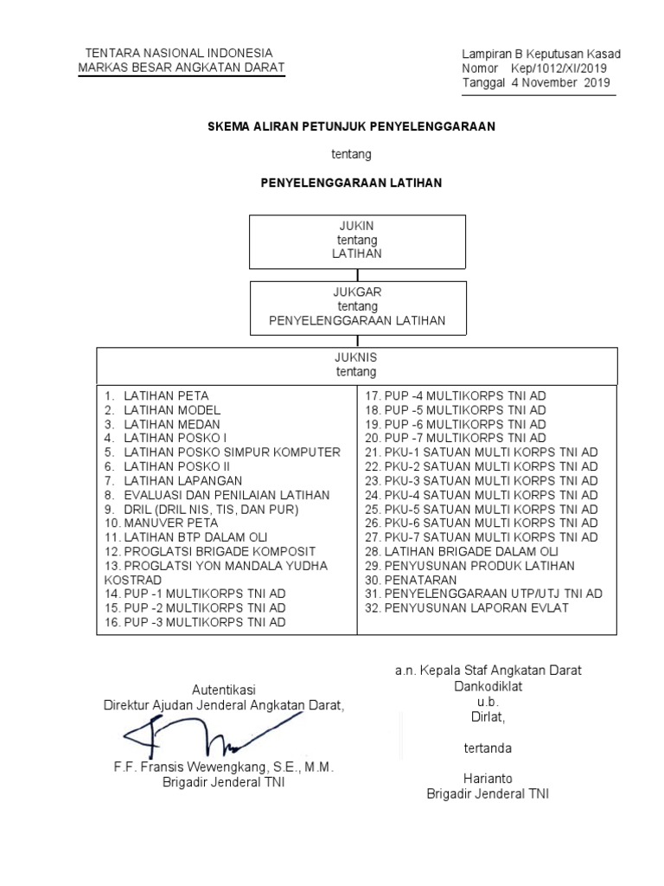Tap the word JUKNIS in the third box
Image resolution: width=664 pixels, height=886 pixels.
(356, 357)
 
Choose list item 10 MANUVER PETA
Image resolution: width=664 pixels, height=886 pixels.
(162, 523)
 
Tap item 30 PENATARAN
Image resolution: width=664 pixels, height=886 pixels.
(417, 579)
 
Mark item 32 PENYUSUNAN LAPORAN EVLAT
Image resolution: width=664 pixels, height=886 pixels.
(479, 607)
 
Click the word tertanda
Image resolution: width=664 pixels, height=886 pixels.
(488, 747)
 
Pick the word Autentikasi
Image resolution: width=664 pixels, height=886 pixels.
(224, 690)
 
